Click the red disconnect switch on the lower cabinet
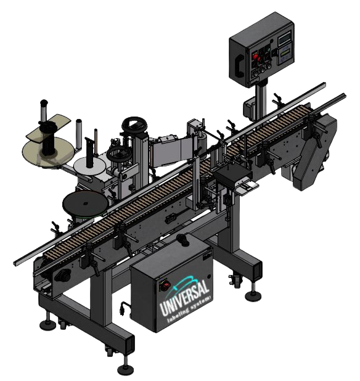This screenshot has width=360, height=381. [165, 285]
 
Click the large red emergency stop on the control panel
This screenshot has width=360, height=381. [256, 57]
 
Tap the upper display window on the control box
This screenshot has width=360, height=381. [284, 39]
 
